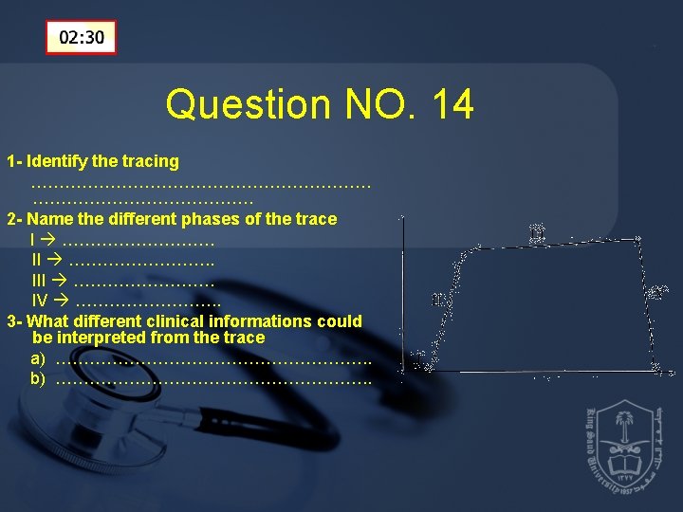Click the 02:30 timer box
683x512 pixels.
pyautogui.click(x=82, y=38)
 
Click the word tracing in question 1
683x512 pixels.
pyautogui.click(x=150, y=161)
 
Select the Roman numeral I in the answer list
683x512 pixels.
pyautogui.click(x=33, y=240)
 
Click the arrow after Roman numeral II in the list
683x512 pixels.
pyautogui.click(x=55, y=260)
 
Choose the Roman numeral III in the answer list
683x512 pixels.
pyautogui.click(x=38, y=280)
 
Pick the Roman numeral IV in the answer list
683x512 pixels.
pyautogui.click(x=40, y=300)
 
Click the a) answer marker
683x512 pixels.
pyautogui.click(x=37, y=358)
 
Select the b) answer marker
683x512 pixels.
pyautogui.click(x=37, y=378)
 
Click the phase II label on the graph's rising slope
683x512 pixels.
pyautogui.click(x=438, y=299)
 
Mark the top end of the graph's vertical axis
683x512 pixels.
pyautogui.click(x=401, y=218)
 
